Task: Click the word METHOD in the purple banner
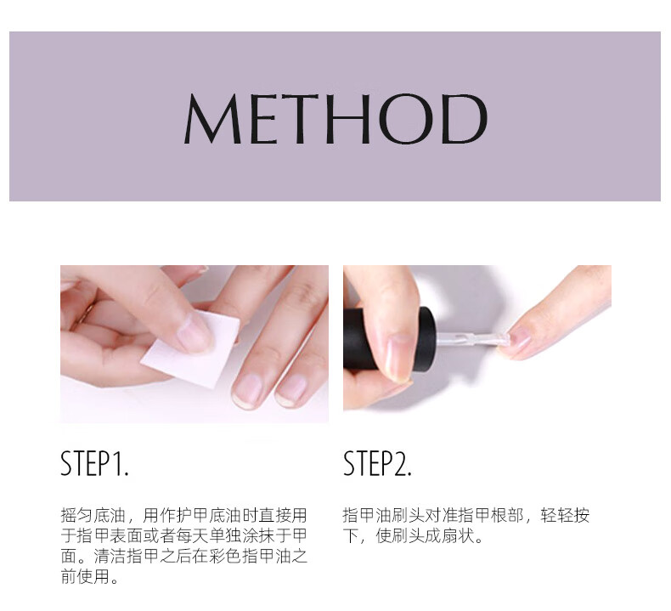tap(336, 118)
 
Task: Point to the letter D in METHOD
tap(464, 118)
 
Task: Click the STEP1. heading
tap(94, 463)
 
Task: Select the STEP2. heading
tap(377, 463)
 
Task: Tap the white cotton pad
tap(190, 349)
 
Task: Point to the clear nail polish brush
tap(473, 341)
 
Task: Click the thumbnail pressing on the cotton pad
tap(195, 330)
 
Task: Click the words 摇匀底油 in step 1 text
tap(93, 515)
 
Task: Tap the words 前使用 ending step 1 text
tap(85, 577)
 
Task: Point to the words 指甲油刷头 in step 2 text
tap(383, 515)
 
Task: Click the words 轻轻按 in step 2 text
tap(565, 515)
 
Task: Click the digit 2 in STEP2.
tap(400, 463)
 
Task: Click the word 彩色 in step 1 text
tap(225, 557)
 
